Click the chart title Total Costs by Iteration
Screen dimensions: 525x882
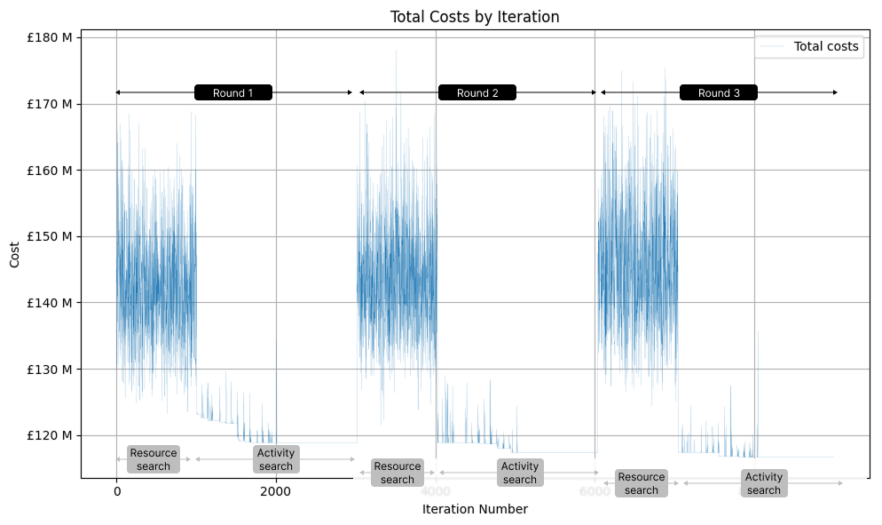point(475,17)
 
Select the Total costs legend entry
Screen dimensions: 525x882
point(826,47)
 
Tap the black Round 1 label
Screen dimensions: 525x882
point(233,92)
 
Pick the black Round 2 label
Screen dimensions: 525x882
point(477,92)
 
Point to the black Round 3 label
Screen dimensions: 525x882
point(719,92)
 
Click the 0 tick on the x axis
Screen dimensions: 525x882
point(116,492)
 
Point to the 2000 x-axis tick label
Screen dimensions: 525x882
point(276,492)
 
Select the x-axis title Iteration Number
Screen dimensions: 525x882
point(475,510)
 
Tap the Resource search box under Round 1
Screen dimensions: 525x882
point(154,459)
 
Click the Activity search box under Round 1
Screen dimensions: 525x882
point(276,459)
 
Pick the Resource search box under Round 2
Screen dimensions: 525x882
point(398,473)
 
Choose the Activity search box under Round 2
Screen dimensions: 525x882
point(520,473)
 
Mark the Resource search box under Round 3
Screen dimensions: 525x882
point(642,483)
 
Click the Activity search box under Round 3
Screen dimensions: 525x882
point(764,483)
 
